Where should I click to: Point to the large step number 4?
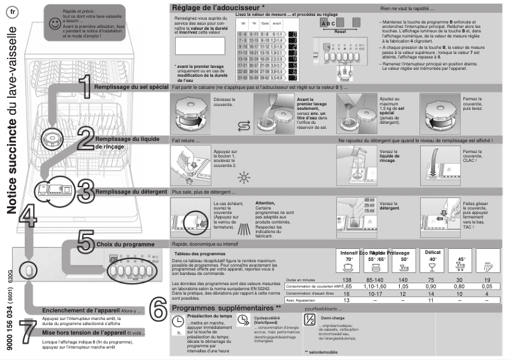click(x=27, y=217)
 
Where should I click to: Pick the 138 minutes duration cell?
click(x=347, y=279)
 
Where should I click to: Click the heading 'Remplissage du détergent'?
click(x=131, y=192)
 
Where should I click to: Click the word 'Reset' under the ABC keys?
click(x=340, y=30)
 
